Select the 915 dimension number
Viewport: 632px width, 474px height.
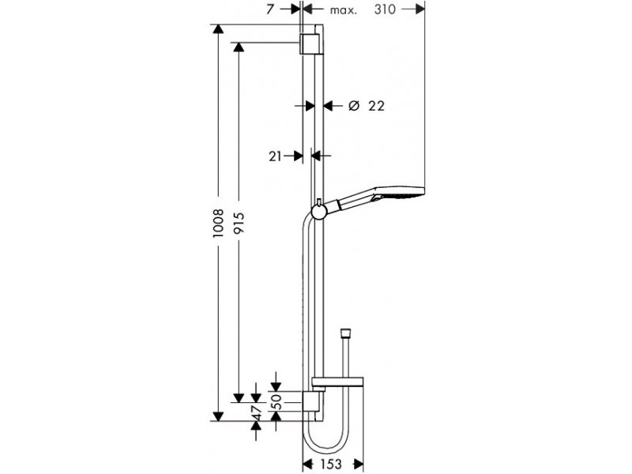coord(239,223)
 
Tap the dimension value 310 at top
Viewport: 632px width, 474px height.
coord(385,9)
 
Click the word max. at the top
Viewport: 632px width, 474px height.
coord(344,10)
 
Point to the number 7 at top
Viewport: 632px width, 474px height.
coord(270,9)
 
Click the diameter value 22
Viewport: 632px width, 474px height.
coord(377,106)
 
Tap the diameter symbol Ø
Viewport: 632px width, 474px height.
coord(353,106)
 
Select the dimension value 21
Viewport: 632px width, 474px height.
coord(275,156)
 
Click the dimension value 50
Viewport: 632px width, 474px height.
coord(276,401)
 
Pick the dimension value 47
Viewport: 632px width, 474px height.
coord(256,413)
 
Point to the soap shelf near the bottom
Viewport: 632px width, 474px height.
coord(338,384)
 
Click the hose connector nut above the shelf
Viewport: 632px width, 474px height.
coord(345,333)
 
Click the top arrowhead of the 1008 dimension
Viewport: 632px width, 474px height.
coord(218,30)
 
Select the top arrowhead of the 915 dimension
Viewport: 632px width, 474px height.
coord(239,47)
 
